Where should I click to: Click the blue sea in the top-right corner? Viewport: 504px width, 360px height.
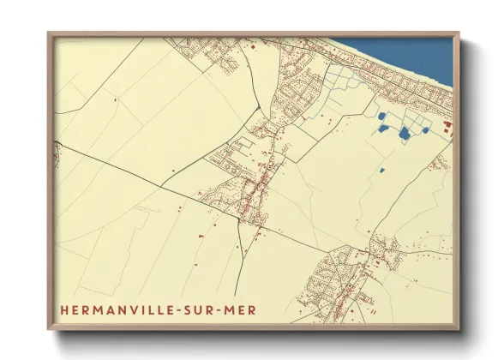[x=420, y=56]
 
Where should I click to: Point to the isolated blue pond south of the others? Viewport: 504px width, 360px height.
[x=381, y=170]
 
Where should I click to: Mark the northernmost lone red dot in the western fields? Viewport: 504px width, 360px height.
[x=115, y=100]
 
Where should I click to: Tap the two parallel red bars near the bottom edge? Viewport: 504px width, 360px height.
[x=375, y=315]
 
